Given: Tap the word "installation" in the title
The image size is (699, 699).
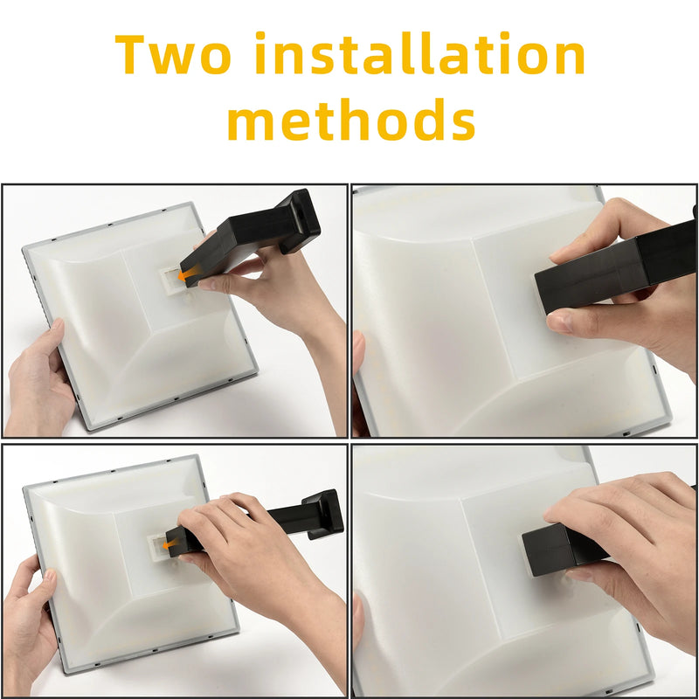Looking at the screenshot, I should click(420, 55).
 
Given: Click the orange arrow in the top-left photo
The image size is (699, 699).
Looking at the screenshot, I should click(184, 275).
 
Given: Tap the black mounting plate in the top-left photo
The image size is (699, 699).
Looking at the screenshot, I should click(300, 221).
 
